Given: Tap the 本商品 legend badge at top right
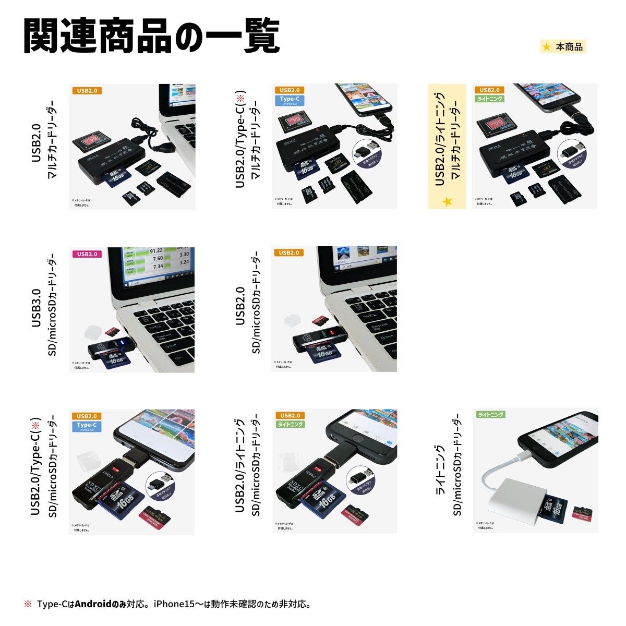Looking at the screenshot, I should coord(563,47).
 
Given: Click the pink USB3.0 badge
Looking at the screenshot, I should coord(87,254).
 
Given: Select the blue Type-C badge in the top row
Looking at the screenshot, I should coord(290,100).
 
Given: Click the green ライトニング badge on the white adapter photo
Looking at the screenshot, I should coord(490,415).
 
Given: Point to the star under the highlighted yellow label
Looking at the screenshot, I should coord(447,201).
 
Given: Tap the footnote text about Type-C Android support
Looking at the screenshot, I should coord(174,605).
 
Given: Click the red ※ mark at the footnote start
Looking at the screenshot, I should coord(28,605).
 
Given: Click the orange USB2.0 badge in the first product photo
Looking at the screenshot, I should coord(87,91).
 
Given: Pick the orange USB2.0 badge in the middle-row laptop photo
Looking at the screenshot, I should coord(289,253).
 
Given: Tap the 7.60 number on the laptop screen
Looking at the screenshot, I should coord(157,259).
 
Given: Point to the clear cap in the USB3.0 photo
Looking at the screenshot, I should coord(93,333).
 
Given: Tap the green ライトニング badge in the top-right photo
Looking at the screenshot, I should coord(490,99).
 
